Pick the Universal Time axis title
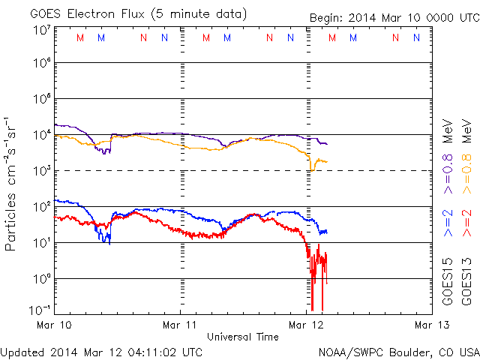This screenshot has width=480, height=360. coord(243,337)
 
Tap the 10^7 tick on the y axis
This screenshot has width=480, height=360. coord(42,30)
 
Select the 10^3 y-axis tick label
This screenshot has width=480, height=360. coord(42,171)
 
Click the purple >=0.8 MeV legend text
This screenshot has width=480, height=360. coord(448,143)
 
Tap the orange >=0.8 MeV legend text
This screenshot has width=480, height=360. coord(466,143)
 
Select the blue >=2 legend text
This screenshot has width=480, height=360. coord(448,223)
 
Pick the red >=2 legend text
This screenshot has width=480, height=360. coord(466,223)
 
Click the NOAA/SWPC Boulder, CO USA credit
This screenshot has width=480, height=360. coord(398,351)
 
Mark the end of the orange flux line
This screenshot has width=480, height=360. coord(326,162)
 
